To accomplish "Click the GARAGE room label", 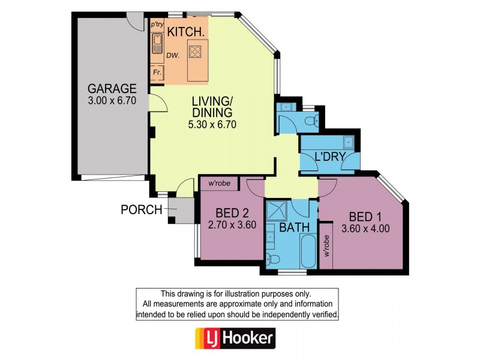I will tap(112, 88).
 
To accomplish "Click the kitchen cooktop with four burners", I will tap(195, 51).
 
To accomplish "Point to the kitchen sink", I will tap(158, 44).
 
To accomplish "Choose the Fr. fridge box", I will tap(158, 72).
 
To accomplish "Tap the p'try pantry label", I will tap(157, 24).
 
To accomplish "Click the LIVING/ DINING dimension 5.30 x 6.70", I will tap(212, 125).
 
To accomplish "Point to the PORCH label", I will tap(142, 209).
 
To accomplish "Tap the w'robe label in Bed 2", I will tap(219, 183).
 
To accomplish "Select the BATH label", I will tap(294, 227).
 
